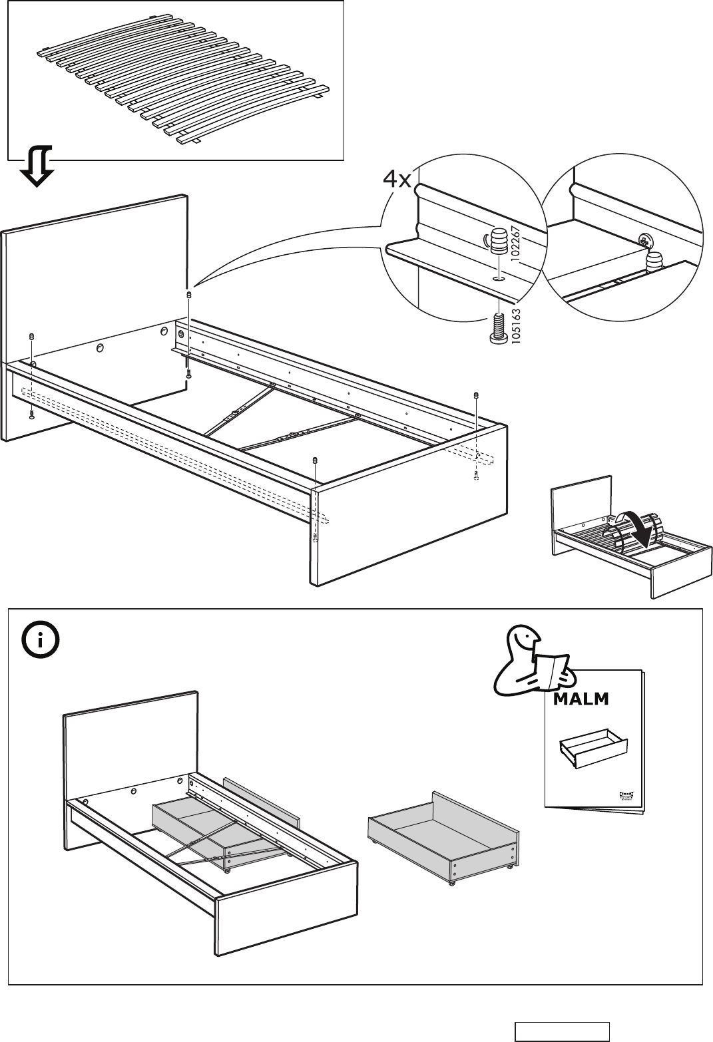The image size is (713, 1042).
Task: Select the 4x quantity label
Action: point(397,179)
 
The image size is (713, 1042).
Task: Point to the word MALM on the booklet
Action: point(581,699)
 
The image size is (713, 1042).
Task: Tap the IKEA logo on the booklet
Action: point(626,793)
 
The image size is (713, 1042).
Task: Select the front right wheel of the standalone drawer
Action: point(509,865)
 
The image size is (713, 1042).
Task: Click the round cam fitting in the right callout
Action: point(644,238)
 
